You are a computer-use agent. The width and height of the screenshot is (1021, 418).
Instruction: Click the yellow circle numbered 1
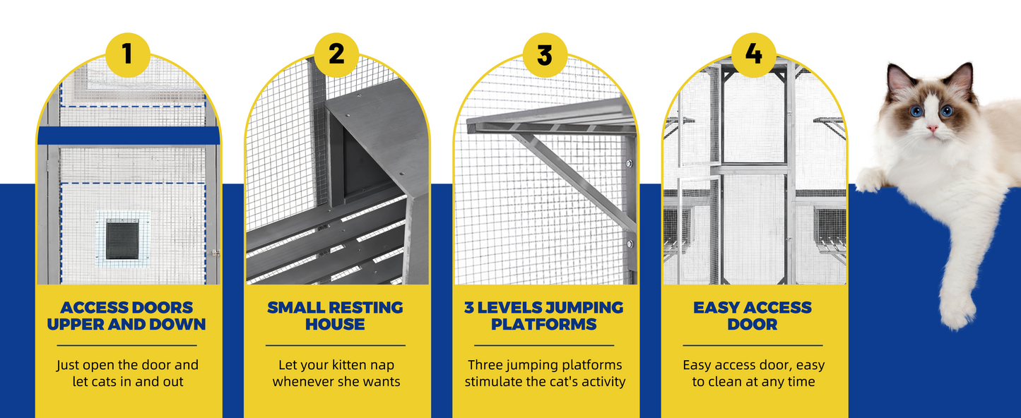point(128,54)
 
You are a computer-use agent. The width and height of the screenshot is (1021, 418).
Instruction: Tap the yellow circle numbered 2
point(336,54)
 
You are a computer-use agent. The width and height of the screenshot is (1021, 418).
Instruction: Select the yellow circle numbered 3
point(545,54)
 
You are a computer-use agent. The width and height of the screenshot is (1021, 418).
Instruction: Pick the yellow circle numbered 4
point(753,54)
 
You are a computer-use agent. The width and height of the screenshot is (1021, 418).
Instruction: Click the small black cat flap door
point(122,239)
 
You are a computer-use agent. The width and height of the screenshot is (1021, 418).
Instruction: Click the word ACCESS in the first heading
point(93,308)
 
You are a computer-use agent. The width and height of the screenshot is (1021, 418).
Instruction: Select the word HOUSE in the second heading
point(335,325)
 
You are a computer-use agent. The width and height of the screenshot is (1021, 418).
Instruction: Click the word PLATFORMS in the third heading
point(544,325)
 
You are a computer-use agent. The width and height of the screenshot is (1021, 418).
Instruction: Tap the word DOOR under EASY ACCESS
point(753,325)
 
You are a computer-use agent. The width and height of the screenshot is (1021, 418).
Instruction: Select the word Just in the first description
point(68,365)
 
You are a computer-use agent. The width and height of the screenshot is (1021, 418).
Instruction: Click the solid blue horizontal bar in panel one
point(129,136)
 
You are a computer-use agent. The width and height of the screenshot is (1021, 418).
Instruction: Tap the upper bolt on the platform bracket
point(629,163)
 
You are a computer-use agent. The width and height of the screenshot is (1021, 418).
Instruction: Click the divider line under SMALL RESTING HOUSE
point(336,345)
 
